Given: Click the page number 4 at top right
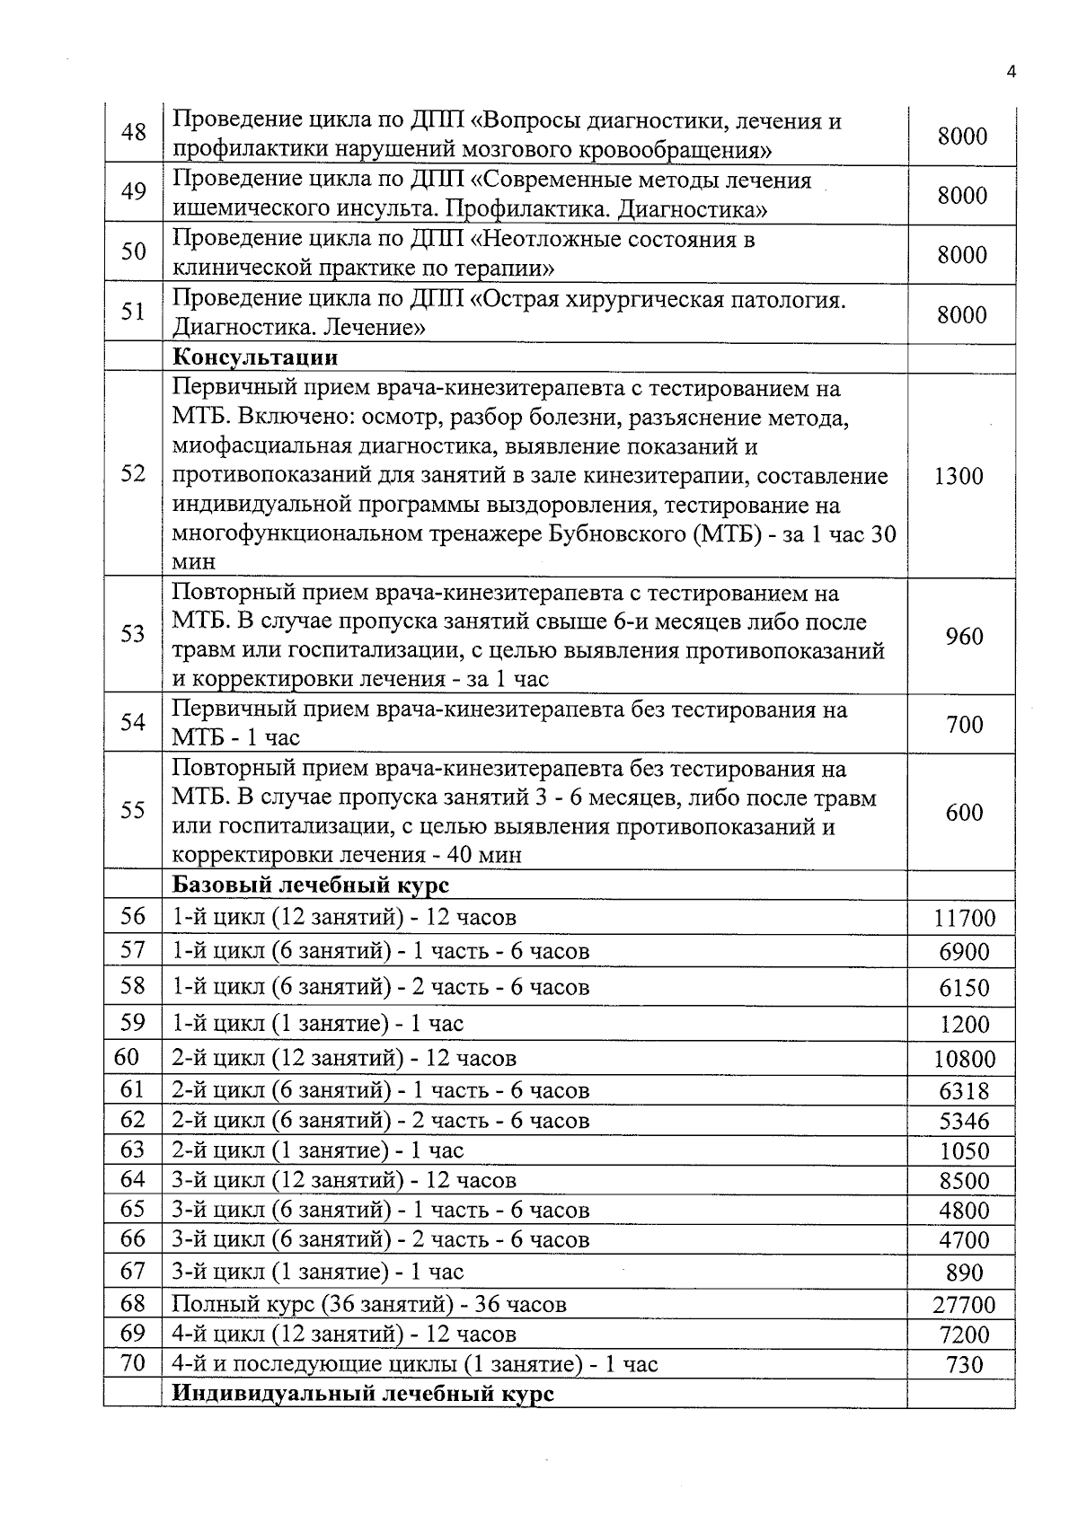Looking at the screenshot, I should (x=1012, y=73).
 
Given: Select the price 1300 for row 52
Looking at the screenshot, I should (x=959, y=476).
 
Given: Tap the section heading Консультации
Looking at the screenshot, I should (x=255, y=357).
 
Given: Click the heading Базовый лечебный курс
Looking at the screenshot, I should (x=310, y=885).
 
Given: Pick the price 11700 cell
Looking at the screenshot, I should (x=964, y=918).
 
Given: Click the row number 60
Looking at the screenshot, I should (x=127, y=1057).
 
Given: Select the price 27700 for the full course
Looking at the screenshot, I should (x=964, y=1305).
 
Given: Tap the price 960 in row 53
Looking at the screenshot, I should (x=964, y=637).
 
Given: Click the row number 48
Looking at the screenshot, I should (x=133, y=132).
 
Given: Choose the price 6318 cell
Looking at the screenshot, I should (x=964, y=1091).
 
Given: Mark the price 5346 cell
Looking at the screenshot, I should (x=964, y=1122).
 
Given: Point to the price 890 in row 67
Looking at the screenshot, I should (x=964, y=1273).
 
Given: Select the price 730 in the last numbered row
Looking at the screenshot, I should (x=964, y=1365).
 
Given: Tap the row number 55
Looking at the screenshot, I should (x=133, y=810).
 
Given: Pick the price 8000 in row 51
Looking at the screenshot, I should (x=962, y=314).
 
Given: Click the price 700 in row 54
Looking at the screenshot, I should (x=964, y=724).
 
